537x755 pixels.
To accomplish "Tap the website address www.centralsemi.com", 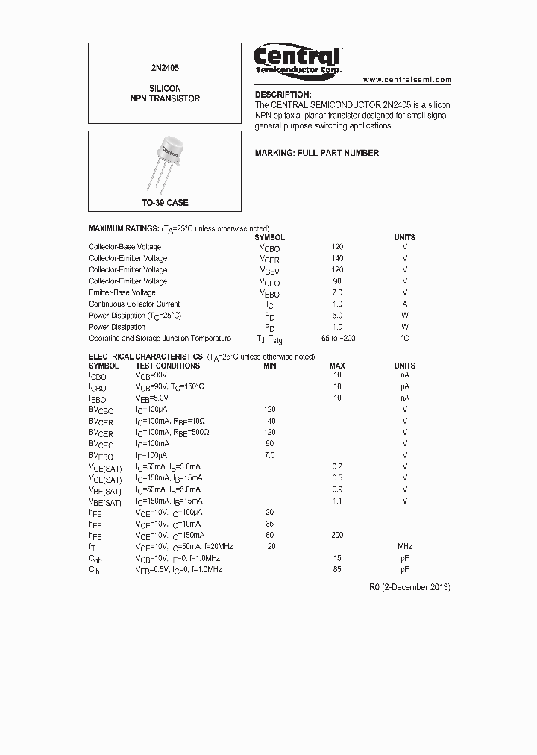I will click(x=407, y=79).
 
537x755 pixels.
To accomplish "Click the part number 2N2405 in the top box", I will click(x=165, y=67).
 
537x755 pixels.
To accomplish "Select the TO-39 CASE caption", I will click(x=165, y=203).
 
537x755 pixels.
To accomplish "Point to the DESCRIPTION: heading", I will click(x=283, y=95).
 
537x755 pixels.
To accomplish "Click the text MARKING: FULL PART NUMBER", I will click(x=317, y=153).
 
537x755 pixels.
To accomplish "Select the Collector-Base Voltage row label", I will click(x=125, y=247).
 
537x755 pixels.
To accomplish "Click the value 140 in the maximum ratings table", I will click(x=337, y=258).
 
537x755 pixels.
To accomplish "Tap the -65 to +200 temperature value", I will click(x=337, y=339).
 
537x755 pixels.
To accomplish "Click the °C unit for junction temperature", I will click(x=405, y=339).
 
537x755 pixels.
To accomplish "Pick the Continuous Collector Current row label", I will click(x=134, y=304).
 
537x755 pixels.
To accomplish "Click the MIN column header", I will click(x=270, y=366).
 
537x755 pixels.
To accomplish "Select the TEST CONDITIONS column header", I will click(x=167, y=366).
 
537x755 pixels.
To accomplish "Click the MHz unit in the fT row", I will click(x=405, y=547).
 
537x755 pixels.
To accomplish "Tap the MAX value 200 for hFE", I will click(x=337, y=536).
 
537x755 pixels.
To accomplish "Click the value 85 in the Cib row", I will click(x=337, y=570).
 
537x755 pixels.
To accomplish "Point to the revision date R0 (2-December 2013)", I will click(x=409, y=587).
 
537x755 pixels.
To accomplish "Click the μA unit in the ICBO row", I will click(x=405, y=387).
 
